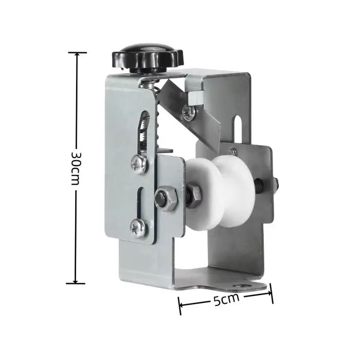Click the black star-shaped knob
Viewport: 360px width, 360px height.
point(148,58)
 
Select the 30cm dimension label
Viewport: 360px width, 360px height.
point(75,168)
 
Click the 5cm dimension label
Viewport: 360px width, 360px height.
point(226,300)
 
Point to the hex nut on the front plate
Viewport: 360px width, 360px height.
point(166,197)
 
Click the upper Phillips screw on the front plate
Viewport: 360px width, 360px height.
point(139,165)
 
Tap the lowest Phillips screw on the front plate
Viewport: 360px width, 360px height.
point(138,228)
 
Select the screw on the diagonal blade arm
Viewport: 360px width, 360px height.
point(189,113)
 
